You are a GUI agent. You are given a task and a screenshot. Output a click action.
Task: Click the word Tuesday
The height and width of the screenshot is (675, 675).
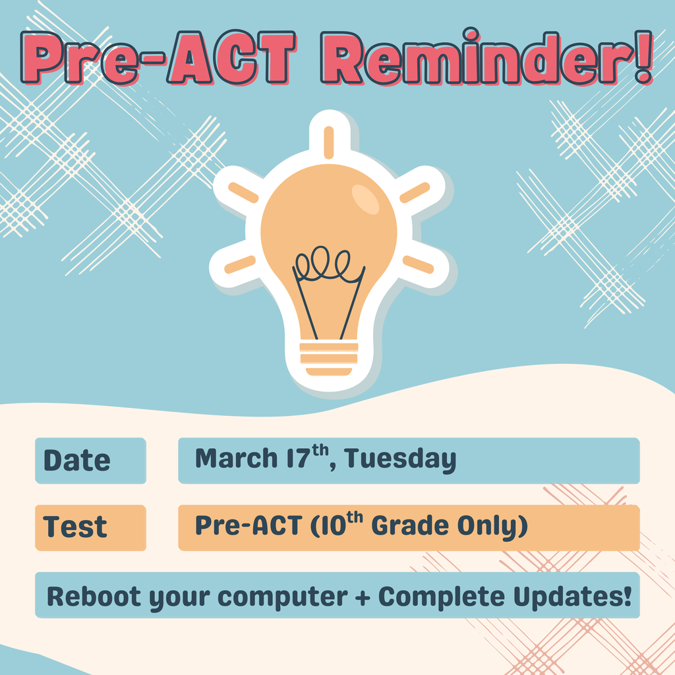pos(400,459)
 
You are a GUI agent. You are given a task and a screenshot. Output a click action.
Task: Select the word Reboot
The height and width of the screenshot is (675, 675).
pos(94,596)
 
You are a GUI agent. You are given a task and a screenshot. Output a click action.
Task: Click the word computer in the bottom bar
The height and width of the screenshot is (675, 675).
pos(282,597)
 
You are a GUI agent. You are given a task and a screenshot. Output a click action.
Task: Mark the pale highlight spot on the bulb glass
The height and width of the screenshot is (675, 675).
pos(365,198)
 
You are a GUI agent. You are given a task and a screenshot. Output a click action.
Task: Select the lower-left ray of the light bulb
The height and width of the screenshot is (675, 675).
pos(240,264)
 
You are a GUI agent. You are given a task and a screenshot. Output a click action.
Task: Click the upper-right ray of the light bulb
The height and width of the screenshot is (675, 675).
pos(415,192)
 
